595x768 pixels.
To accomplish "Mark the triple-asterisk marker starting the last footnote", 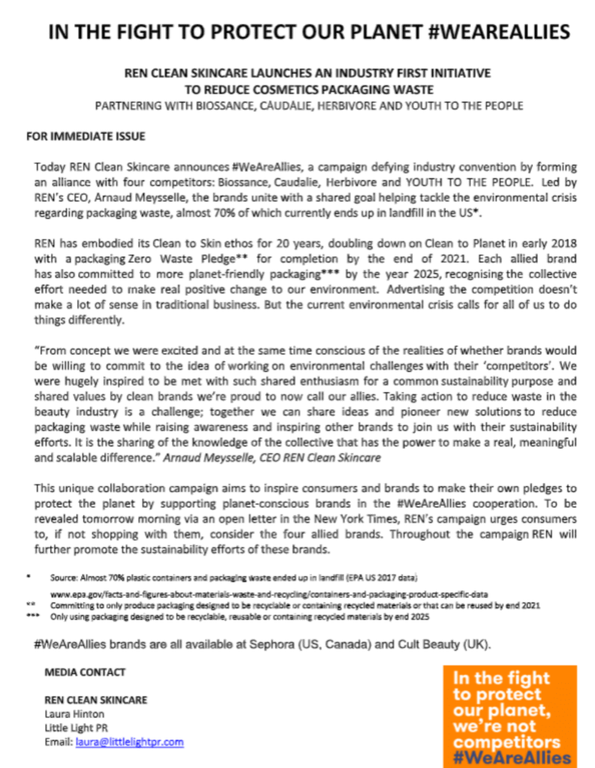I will [32, 616].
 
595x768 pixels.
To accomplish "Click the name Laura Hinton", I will [74, 713].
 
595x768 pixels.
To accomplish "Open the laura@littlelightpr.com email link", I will [129, 742].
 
